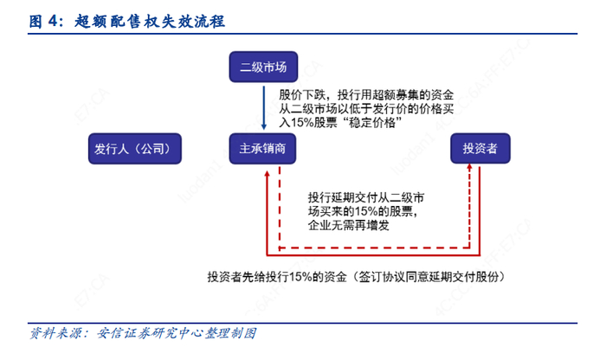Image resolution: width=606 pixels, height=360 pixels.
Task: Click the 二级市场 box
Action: point(263,67)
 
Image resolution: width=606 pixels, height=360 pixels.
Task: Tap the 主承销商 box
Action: point(263,150)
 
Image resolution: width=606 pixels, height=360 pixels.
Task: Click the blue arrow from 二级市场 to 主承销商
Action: point(263,108)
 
